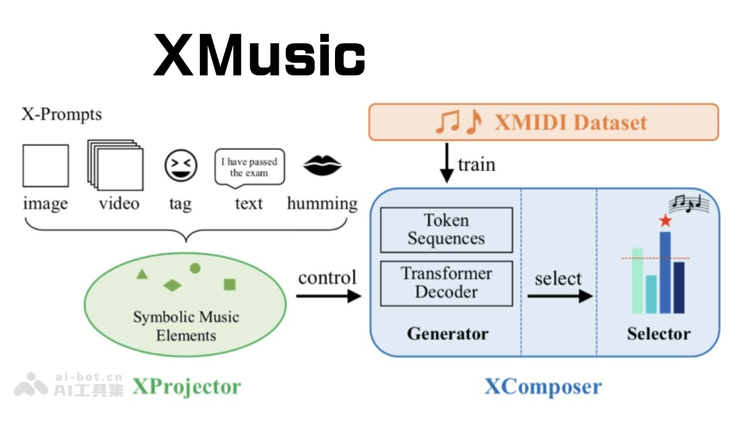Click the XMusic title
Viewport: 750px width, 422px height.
[x=259, y=56]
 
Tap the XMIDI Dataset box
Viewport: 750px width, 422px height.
[x=544, y=122]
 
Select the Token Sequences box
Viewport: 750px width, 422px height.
[x=446, y=229]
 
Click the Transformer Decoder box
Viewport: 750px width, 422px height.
[x=446, y=283]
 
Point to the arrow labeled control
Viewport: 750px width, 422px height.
[x=328, y=295]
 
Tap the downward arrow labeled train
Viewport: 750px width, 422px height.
[x=447, y=163]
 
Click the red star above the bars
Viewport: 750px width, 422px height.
[x=665, y=220]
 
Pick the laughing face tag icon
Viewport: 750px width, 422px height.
[x=181, y=166]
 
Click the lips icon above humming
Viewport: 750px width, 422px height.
[x=322, y=166]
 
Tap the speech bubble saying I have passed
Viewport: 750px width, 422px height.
[x=249, y=167]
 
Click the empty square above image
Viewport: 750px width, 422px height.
[x=46, y=166]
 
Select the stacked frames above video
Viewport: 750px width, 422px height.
[x=115, y=165]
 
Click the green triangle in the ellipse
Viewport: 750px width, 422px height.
[x=142, y=274]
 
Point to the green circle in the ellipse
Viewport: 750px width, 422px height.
[x=195, y=268]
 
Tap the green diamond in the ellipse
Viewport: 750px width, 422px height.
[x=172, y=286]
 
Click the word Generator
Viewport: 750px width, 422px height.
[x=447, y=333]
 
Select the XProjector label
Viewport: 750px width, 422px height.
[x=186, y=386]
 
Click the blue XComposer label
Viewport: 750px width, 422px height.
[x=543, y=386]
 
